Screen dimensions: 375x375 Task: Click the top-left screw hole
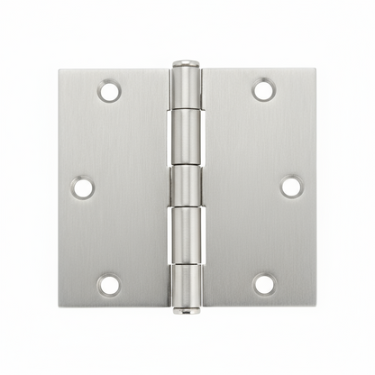tap(109, 91)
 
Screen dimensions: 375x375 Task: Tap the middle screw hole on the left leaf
tap(83, 187)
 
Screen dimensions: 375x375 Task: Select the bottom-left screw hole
tap(109, 285)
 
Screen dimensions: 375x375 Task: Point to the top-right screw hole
tap(263, 90)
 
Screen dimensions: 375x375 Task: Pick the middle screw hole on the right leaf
tap(290, 187)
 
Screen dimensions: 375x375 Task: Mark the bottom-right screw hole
tap(263, 284)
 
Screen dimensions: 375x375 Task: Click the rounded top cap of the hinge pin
tap(186, 64)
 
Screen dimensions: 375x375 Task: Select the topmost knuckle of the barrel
tap(186, 88)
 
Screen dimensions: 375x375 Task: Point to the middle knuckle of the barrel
tap(186, 187)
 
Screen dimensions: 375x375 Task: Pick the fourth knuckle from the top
tap(186, 236)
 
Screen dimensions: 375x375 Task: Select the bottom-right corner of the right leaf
tap(316, 305)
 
